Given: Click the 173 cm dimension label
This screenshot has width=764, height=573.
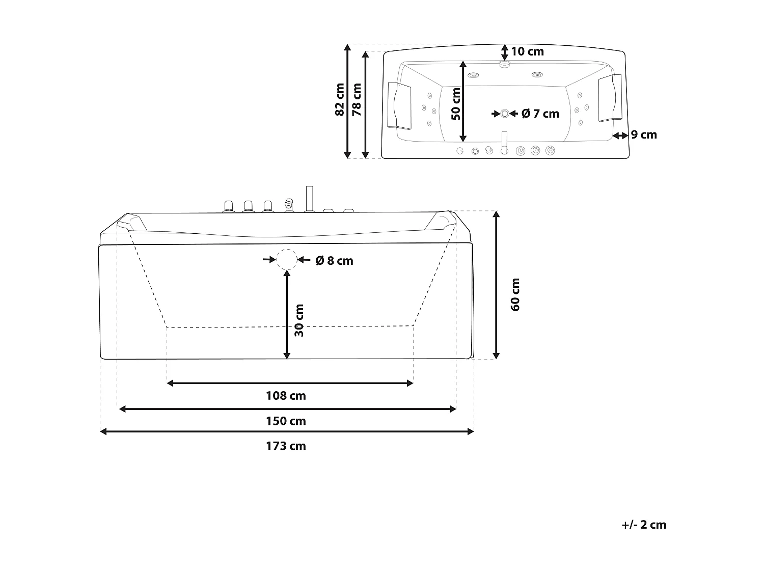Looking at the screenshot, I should pyautogui.click(x=286, y=446).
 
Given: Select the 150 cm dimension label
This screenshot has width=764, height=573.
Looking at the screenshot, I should pyautogui.click(x=286, y=421).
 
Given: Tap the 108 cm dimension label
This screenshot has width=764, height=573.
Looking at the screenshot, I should pyautogui.click(x=286, y=396).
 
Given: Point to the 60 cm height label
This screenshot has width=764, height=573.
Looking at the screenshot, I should pyautogui.click(x=515, y=294).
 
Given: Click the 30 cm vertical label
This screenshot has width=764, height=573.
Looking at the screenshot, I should pyautogui.click(x=299, y=320).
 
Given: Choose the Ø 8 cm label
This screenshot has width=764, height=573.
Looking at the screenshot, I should pyautogui.click(x=334, y=261).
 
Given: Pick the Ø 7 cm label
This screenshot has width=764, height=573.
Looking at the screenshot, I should pyautogui.click(x=540, y=114).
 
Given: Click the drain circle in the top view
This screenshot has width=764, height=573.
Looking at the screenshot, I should pyautogui.click(x=504, y=114).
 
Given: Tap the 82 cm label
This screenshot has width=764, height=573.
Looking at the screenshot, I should pyautogui.click(x=340, y=100).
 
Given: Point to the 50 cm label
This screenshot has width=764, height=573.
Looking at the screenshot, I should pyautogui.click(x=456, y=104).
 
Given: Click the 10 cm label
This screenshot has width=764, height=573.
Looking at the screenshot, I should pyautogui.click(x=527, y=51).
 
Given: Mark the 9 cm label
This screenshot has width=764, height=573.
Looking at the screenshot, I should pyautogui.click(x=644, y=135).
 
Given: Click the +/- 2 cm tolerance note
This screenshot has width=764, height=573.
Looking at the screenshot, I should pyautogui.click(x=644, y=525).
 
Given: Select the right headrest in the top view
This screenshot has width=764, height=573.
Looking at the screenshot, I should pyautogui.click(x=610, y=98).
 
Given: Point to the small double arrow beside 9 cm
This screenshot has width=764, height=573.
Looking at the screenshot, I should pyautogui.click(x=620, y=135).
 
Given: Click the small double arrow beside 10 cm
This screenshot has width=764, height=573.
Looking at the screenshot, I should pyautogui.click(x=504, y=51).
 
